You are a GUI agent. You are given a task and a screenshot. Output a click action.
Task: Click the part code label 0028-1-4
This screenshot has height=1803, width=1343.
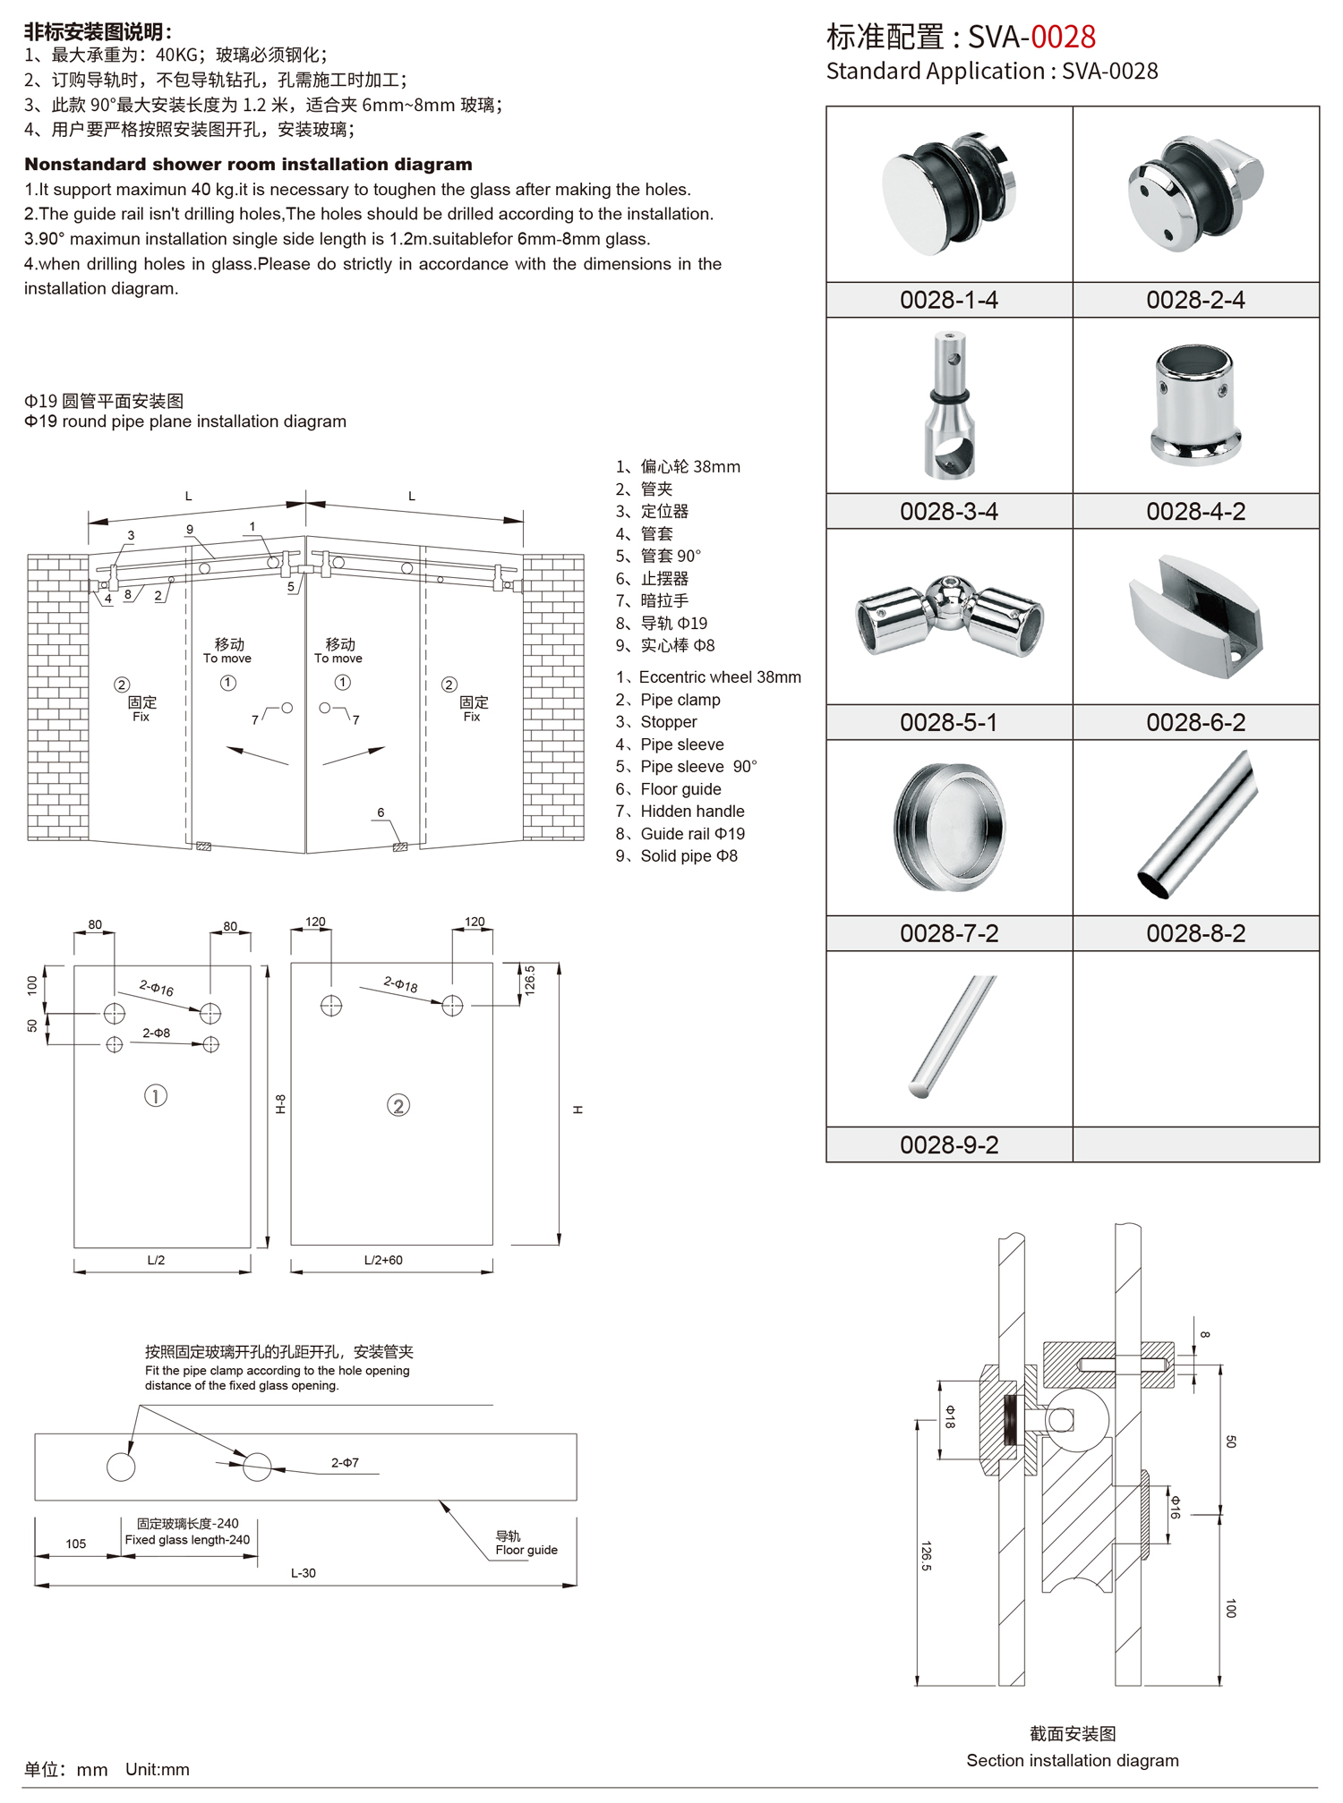click(948, 300)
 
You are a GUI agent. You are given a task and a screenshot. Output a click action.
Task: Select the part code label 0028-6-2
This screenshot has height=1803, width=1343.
click(1195, 722)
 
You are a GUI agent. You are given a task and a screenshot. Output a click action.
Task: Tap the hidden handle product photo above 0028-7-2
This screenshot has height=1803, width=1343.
click(950, 828)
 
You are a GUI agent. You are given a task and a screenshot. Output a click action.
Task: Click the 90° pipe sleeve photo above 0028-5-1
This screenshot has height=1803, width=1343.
click(950, 617)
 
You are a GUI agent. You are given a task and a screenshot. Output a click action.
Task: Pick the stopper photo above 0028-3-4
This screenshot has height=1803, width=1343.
click(950, 404)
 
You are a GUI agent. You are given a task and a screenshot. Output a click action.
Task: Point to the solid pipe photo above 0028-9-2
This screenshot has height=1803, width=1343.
click(952, 1036)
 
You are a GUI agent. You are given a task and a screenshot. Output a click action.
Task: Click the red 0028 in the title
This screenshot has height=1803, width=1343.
click(1063, 37)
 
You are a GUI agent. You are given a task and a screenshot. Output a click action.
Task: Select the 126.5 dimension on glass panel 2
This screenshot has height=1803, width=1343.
click(529, 981)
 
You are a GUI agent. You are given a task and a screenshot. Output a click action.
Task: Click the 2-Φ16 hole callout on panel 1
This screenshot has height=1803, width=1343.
click(157, 988)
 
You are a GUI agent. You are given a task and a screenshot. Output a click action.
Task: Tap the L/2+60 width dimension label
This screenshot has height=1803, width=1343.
click(383, 1260)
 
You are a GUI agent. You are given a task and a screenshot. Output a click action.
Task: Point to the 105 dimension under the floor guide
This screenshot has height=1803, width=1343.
click(76, 1544)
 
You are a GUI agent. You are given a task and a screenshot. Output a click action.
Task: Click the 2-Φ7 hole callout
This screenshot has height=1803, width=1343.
click(345, 1463)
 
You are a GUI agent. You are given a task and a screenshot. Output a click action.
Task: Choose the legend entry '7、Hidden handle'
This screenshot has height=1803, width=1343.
click(680, 812)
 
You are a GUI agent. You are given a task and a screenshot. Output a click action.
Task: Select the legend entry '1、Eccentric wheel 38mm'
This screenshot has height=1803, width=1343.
click(708, 677)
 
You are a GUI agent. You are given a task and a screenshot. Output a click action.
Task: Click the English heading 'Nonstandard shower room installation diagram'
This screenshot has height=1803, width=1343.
click(248, 164)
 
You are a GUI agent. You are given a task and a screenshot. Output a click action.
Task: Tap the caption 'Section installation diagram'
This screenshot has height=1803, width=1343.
click(1073, 1760)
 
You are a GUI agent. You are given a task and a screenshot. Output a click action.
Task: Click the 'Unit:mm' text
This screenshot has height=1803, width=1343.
click(158, 1769)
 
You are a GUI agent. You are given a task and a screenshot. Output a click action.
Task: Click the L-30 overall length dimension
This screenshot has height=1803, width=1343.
click(304, 1573)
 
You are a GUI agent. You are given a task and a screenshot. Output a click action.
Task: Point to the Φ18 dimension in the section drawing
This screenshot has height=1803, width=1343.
click(950, 1417)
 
